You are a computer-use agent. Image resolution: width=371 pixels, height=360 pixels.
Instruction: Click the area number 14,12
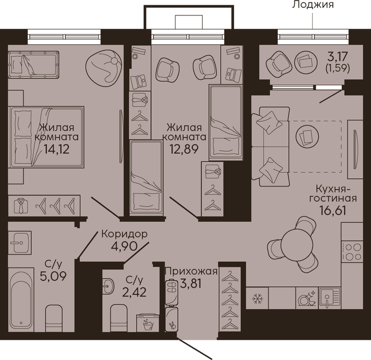57,149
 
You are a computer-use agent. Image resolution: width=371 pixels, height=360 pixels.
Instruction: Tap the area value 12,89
184,149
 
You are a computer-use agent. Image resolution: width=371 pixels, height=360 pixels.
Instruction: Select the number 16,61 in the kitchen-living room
333,210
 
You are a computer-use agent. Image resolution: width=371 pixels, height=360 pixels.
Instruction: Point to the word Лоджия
313,4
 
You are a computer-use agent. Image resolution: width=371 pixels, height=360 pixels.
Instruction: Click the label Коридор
125,234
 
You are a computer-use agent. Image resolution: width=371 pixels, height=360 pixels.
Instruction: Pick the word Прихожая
191,272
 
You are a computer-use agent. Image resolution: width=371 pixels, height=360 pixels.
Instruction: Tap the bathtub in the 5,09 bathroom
21,300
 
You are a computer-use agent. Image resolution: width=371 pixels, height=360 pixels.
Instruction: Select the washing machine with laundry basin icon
148,322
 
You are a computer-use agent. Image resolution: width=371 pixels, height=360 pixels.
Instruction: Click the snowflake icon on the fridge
257,298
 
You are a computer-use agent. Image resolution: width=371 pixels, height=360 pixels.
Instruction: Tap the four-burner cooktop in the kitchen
352,251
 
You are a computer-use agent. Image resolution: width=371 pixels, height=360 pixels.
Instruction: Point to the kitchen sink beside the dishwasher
329,298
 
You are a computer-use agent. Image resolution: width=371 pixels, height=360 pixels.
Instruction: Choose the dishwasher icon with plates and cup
307,298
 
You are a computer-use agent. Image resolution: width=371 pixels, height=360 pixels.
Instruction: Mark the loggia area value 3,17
338,56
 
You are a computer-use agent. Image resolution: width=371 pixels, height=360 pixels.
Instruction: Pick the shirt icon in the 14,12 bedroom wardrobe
21,206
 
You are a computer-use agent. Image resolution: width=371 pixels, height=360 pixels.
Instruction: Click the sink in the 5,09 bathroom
20,243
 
